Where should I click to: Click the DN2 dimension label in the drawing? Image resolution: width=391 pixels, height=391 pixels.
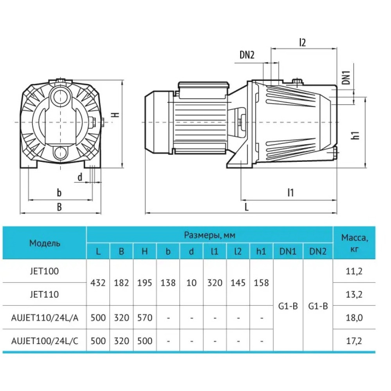pyautogui.click(x=247, y=55)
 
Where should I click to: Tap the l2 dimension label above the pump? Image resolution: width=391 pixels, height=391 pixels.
pyautogui.click(x=302, y=43)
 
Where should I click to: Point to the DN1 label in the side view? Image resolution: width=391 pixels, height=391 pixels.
pyautogui.click(x=346, y=77)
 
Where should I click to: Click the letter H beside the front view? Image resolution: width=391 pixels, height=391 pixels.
pyautogui.click(x=115, y=115)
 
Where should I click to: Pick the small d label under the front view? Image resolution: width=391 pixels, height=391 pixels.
pyautogui.click(x=80, y=177)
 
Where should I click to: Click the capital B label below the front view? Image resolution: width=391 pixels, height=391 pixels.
pyautogui.click(x=59, y=207)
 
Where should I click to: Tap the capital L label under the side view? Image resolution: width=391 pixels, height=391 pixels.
pyautogui.click(x=246, y=207)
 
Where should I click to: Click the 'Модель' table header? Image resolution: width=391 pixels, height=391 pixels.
pyautogui.click(x=45, y=243)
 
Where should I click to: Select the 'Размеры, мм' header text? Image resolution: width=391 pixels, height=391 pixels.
pyautogui.click(x=210, y=235)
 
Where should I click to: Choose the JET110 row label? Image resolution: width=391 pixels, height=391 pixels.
pyautogui.click(x=45, y=294)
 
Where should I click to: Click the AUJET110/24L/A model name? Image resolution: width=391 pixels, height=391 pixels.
pyautogui.click(x=45, y=317)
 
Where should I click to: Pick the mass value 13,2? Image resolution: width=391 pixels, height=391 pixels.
pyautogui.click(x=354, y=294)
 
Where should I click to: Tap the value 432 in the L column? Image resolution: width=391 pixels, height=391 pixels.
pyautogui.click(x=98, y=283)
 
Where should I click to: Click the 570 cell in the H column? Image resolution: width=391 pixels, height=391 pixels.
pyautogui.click(x=145, y=317)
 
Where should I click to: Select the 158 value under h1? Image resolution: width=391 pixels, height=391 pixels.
pyautogui.click(x=261, y=283)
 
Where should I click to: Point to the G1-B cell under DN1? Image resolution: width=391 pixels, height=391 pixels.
pyautogui.click(x=288, y=306)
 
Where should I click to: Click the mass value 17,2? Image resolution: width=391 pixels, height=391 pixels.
pyautogui.click(x=354, y=341)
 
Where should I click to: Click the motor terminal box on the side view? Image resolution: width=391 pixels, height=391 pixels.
pyautogui.click(x=203, y=89)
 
